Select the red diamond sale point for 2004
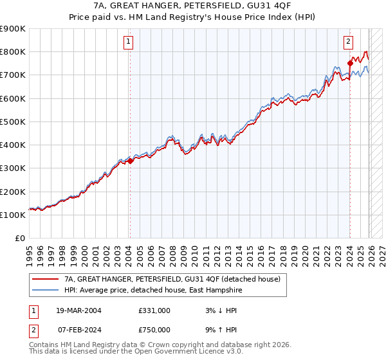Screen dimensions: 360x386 click(130, 161)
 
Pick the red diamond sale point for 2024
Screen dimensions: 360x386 click(350, 63)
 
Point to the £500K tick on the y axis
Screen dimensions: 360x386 click(13, 122)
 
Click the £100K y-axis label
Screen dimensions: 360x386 click(13, 215)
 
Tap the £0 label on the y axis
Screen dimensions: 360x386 click(19, 239)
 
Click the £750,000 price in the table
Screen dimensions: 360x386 click(154, 330)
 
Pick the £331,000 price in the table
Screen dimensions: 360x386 click(154, 310)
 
